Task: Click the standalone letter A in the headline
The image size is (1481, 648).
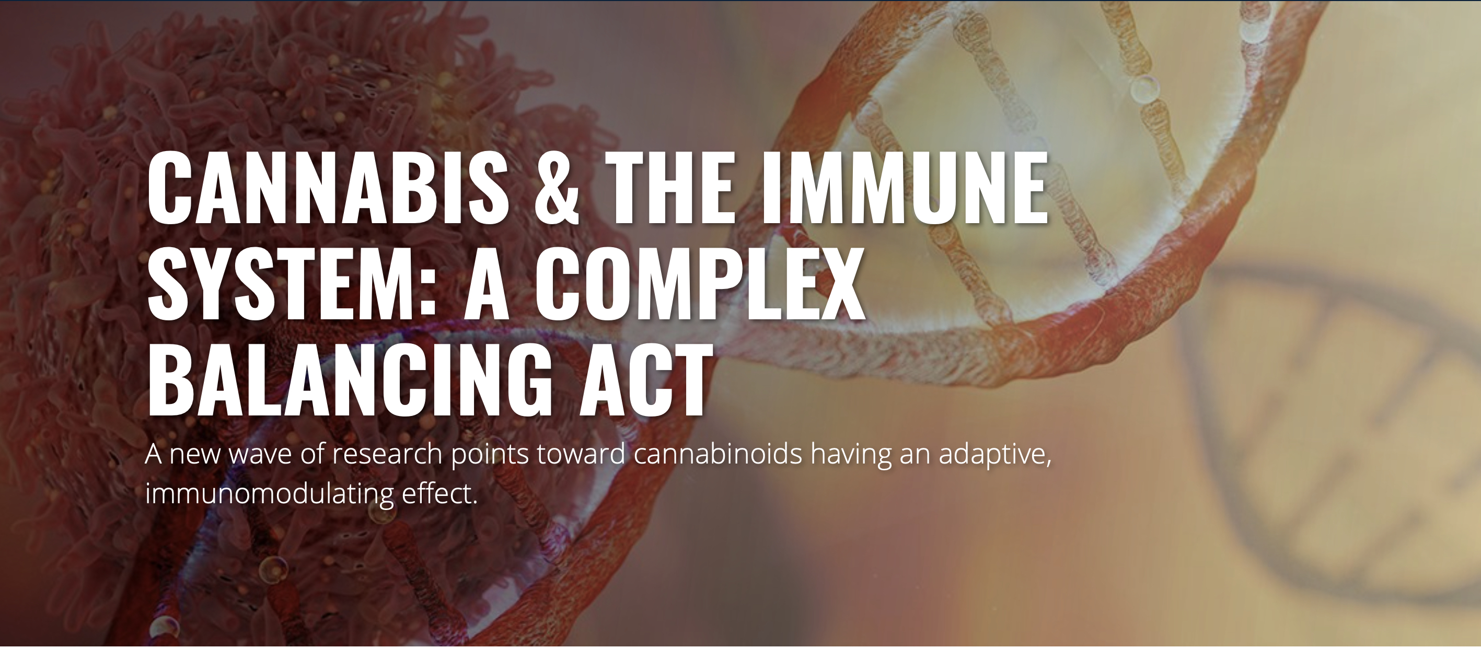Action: click(487, 284)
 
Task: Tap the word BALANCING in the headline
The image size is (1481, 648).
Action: click(350, 380)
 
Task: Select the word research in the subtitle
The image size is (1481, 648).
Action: click(387, 454)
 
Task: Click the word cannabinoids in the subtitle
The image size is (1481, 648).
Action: click(718, 454)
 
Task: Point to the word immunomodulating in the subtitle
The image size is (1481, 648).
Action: click(270, 494)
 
